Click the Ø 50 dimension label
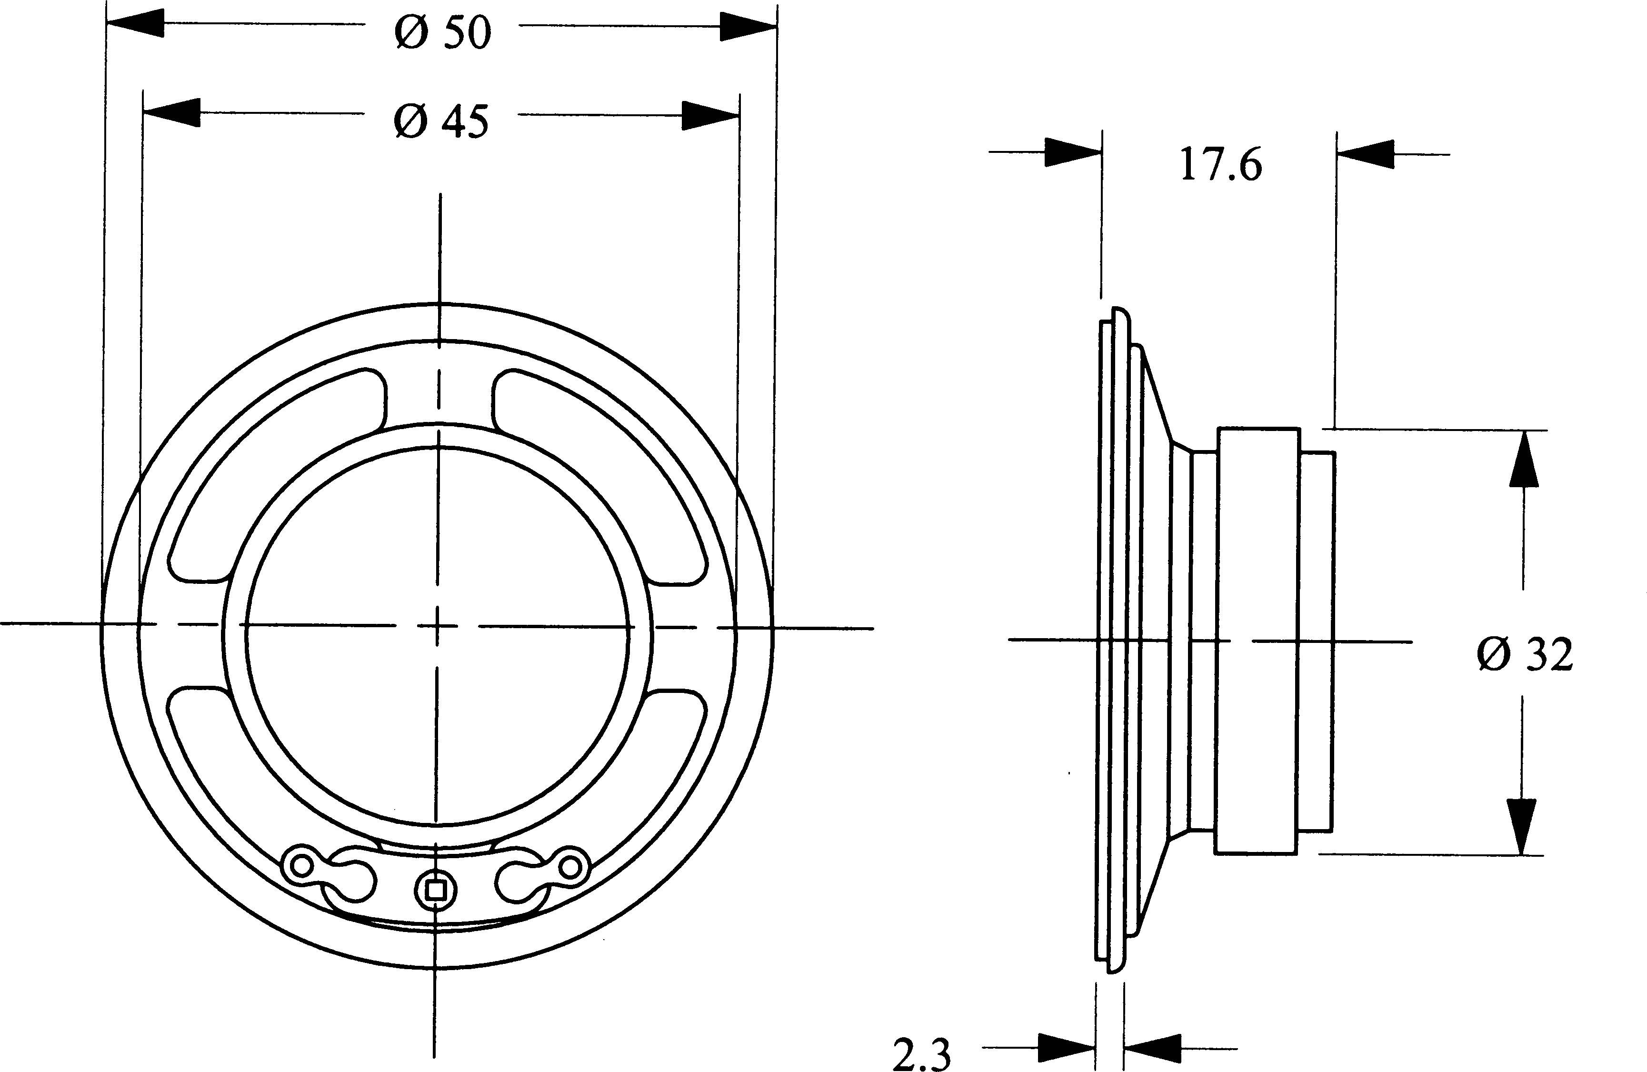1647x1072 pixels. click(443, 32)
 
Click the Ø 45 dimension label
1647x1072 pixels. click(441, 122)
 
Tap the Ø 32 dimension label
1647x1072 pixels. click(1525, 655)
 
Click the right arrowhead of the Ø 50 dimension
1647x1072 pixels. click(748, 26)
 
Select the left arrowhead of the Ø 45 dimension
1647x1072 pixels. click(171, 112)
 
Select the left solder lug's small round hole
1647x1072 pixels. click(302, 865)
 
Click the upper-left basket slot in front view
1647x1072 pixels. click(277, 478)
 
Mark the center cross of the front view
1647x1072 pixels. click(437, 626)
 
